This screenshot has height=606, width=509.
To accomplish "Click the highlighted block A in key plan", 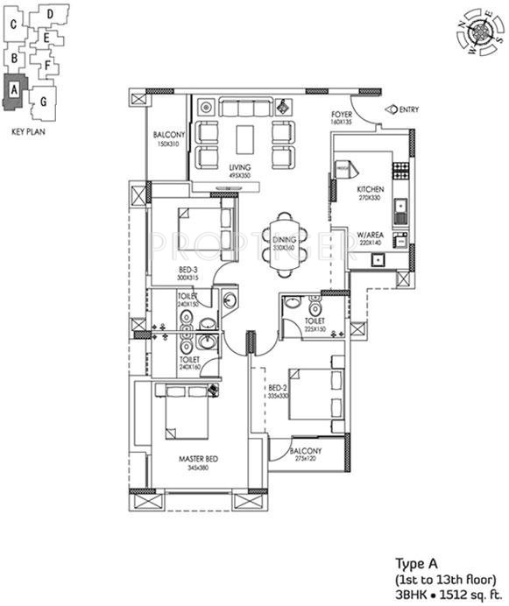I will click(16, 92).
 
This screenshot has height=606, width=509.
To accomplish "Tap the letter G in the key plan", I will click(43, 102).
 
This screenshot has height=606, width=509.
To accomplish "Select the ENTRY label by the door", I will click(408, 109).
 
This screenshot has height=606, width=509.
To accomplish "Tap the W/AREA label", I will click(370, 236).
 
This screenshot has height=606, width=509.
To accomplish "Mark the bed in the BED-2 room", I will click(312, 395).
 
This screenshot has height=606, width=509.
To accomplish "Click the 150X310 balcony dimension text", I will click(167, 143).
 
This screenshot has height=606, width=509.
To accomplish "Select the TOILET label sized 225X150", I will click(315, 321).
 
